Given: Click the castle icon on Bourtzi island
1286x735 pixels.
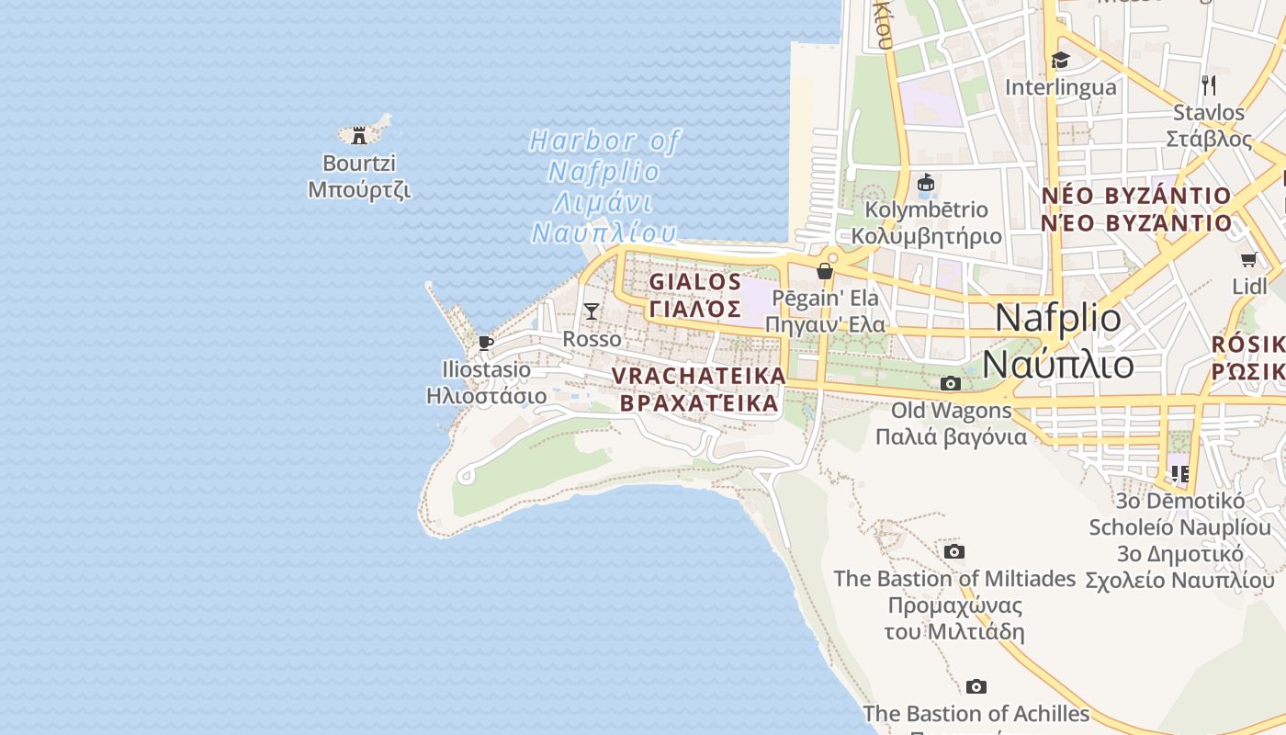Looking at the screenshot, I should click(x=359, y=136).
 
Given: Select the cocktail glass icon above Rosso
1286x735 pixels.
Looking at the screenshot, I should click(x=592, y=311).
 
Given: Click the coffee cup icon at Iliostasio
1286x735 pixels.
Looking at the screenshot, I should click(x=486, y=344).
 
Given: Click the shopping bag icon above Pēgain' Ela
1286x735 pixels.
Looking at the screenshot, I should click(x=825, y=271).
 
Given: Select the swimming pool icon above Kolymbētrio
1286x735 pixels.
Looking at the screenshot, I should click(x=926, y=183).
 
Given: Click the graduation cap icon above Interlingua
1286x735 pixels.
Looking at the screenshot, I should click(x=1061, y=61).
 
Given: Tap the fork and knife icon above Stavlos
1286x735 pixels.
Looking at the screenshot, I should click(x=1209, y=85).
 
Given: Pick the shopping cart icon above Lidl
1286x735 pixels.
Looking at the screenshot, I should click(x=1248, y=260).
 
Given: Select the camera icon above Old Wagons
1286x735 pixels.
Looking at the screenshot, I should click(x=951, y=383).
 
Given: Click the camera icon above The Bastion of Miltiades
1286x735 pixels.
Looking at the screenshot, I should click(x=954, y=551).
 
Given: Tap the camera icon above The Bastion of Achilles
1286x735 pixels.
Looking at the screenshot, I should click(x=976, y=686).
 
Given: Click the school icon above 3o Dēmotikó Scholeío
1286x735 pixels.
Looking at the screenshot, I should click(x=1180, y=474).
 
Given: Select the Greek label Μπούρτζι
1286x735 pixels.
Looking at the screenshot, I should click(x=359, y=190).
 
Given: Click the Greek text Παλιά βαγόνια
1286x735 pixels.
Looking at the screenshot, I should click(x=951, y=436).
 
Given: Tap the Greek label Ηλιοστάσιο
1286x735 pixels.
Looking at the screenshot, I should click(x=486, y=396).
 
